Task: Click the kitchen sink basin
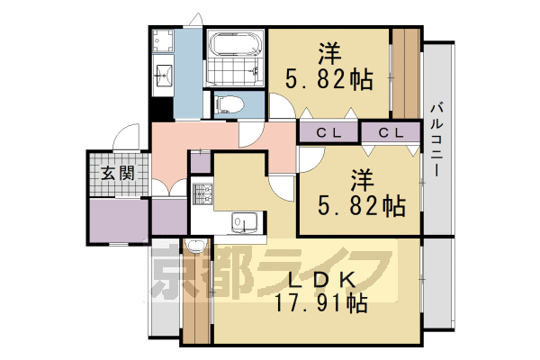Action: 243,220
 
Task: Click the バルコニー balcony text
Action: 436,139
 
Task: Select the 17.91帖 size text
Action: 320,302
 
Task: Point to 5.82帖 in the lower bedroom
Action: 362,205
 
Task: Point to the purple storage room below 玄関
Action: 118,221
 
